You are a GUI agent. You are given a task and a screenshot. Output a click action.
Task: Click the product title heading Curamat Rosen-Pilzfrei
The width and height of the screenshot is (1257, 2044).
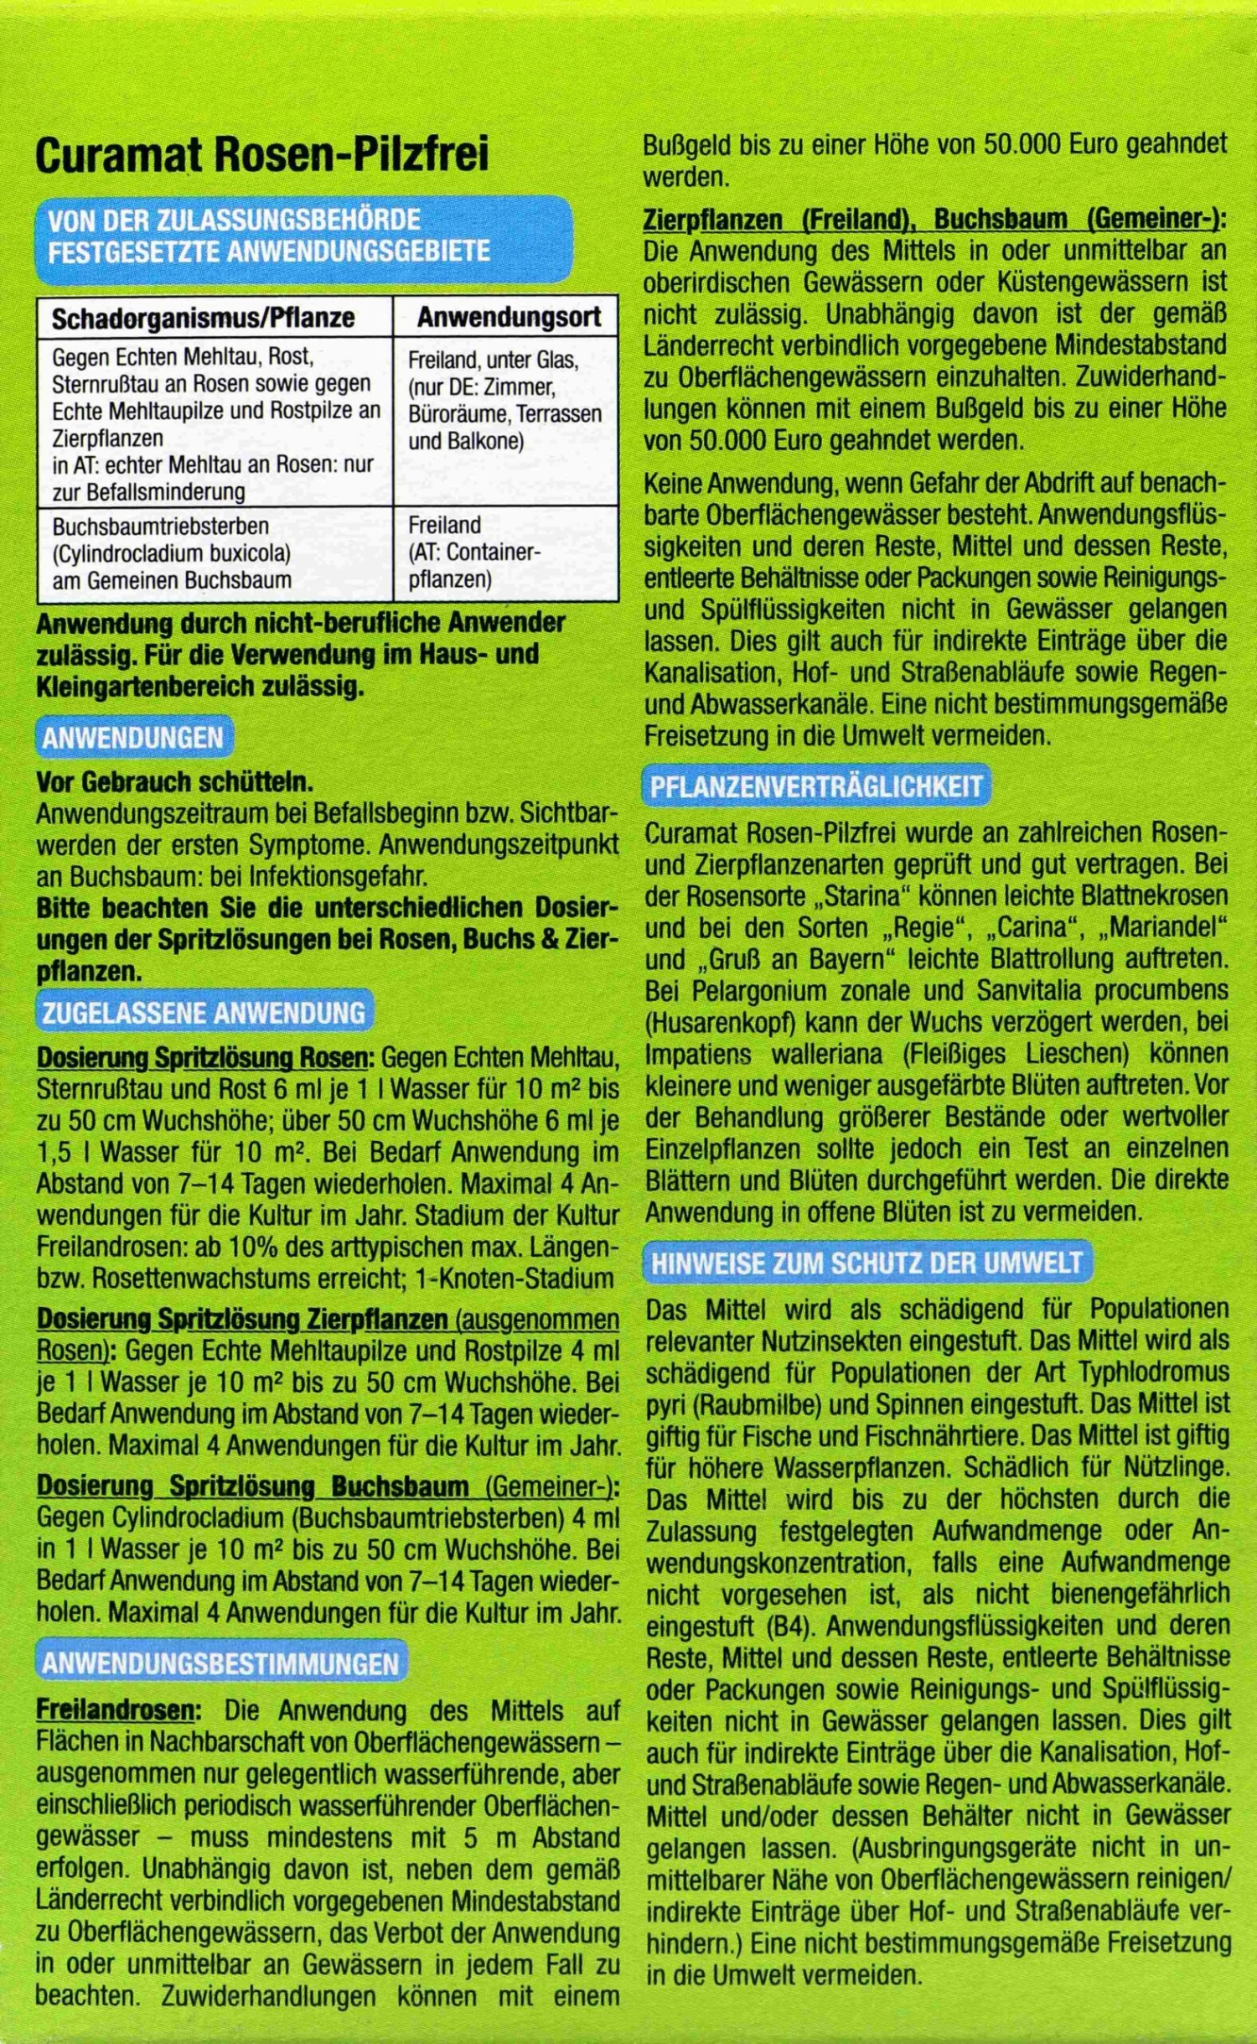(261, 157)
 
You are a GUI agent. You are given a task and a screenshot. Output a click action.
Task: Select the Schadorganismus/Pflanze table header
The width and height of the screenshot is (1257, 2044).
(203, 318)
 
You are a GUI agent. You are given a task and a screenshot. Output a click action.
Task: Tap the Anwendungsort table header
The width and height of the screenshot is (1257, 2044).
(509, 317)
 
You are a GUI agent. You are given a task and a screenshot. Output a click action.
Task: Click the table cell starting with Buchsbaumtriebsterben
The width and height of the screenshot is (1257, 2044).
(172, 553)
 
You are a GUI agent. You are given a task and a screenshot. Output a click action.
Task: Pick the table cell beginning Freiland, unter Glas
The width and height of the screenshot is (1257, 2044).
(504, 400)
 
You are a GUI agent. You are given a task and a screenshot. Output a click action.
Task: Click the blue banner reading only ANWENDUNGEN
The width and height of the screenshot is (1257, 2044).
(133, 738)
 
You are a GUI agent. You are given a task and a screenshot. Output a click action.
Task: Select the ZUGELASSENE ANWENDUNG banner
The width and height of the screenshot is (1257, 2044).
(204, 1013)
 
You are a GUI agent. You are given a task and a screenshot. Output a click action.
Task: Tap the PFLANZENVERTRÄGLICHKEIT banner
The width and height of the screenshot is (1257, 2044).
(816, 786)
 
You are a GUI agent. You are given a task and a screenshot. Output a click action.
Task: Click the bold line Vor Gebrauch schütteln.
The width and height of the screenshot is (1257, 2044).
(174, 782)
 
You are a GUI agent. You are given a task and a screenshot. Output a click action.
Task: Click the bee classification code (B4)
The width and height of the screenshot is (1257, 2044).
(787, 1626)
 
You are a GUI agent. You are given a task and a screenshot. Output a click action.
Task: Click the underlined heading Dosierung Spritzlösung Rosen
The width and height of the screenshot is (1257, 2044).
(203, 1058)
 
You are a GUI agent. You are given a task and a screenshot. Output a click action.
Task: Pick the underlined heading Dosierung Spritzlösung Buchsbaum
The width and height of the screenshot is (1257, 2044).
(252, 1486)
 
